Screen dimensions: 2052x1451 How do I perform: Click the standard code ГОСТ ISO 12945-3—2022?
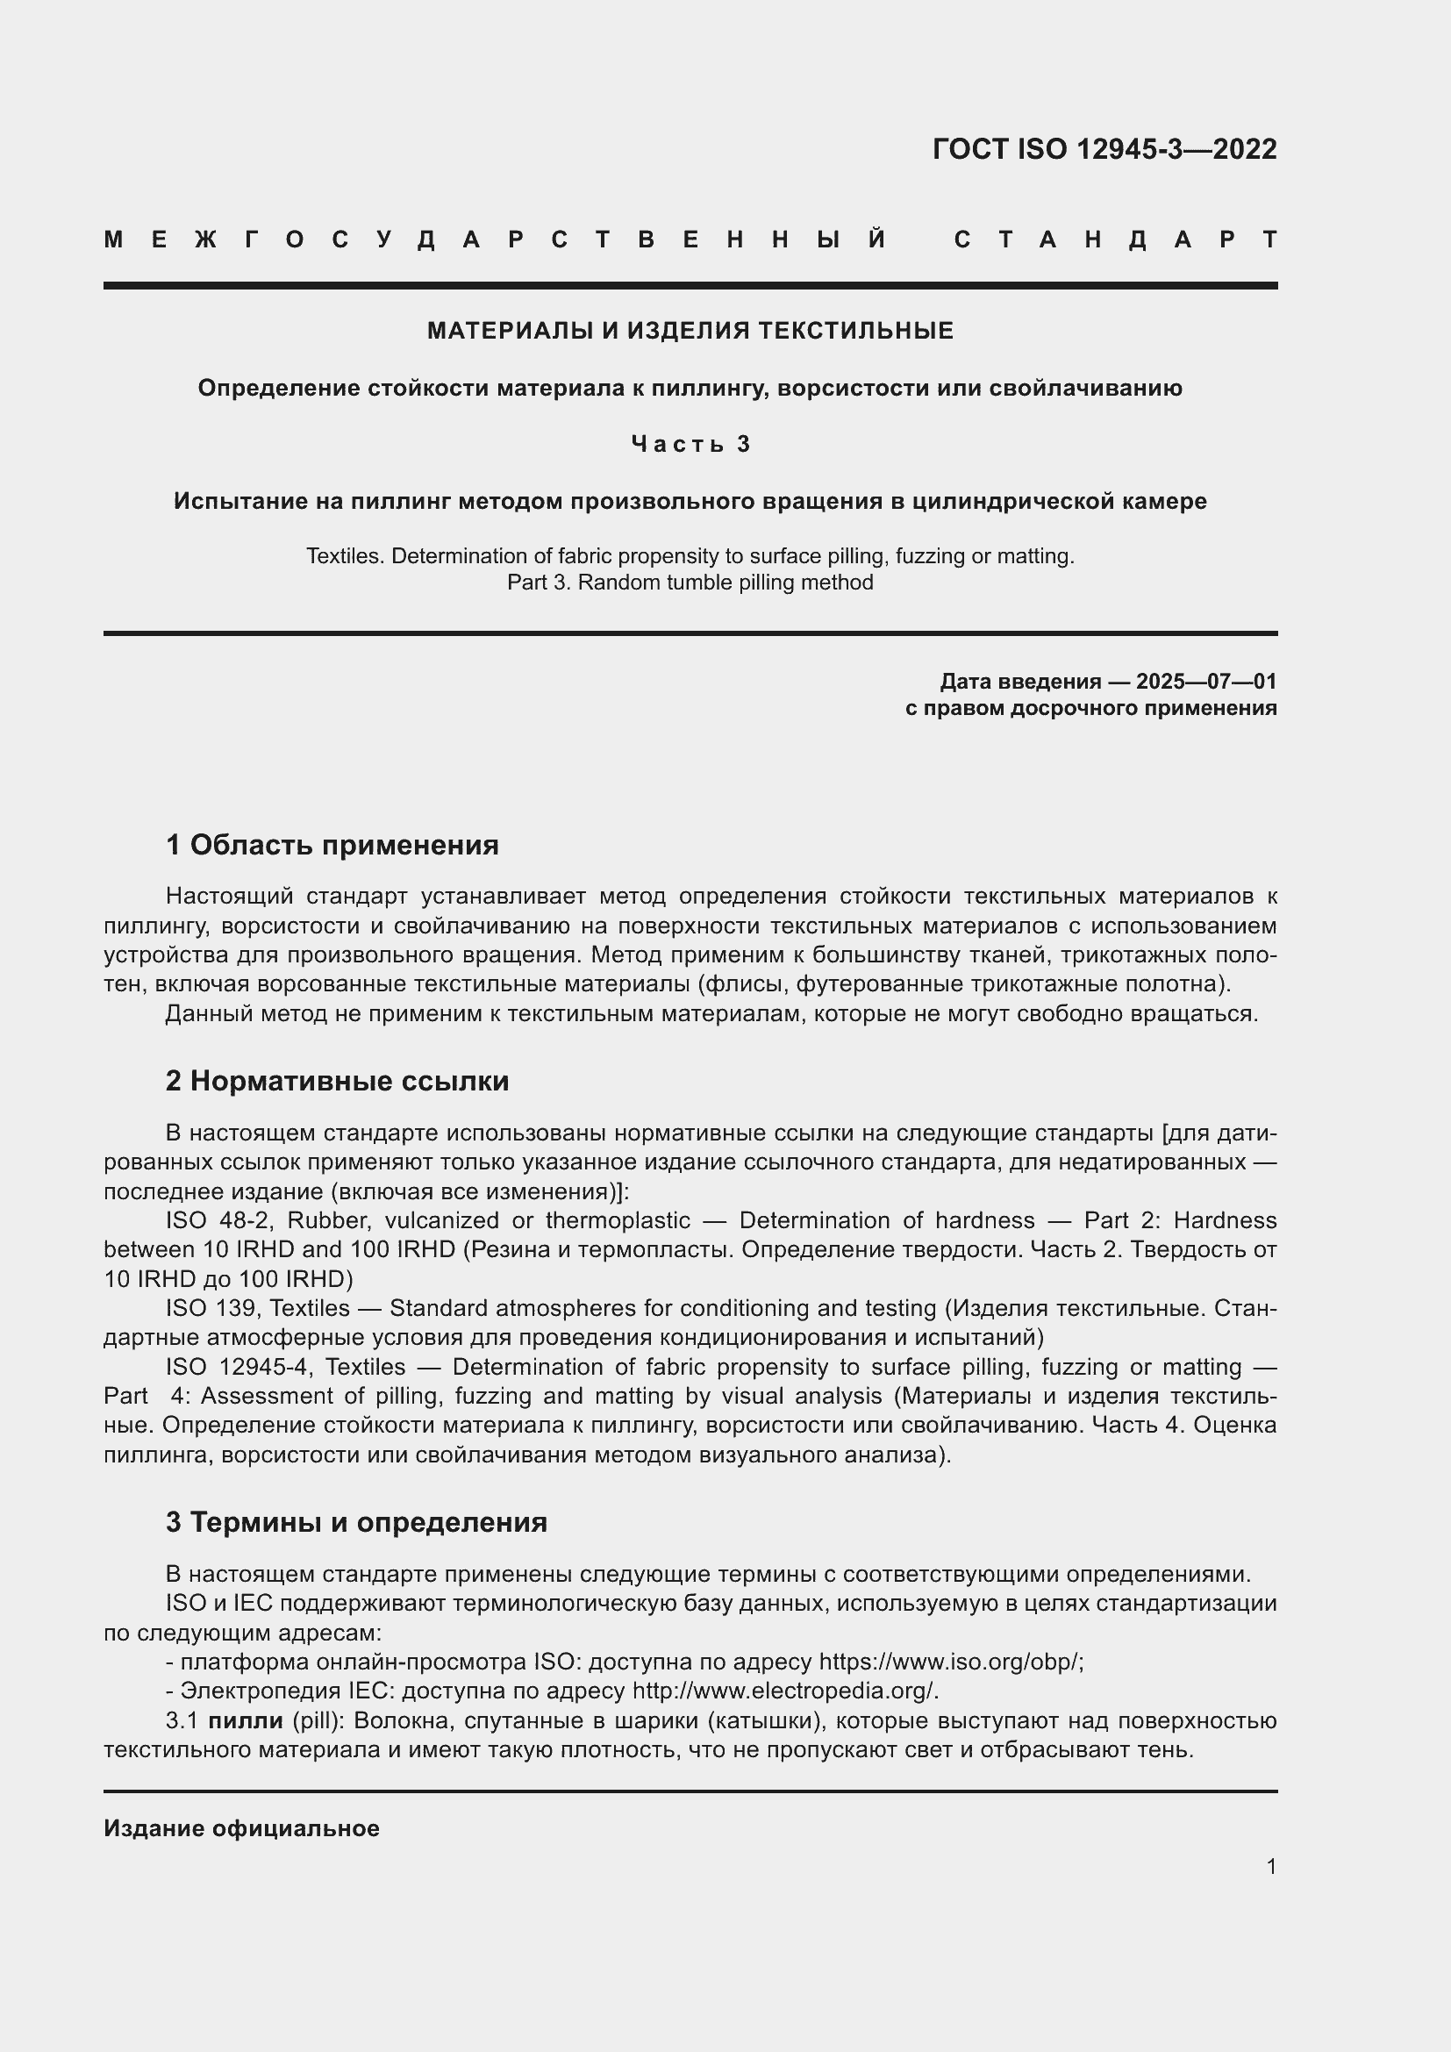[1104, 149]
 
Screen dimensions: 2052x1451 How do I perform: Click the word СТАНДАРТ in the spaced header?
[1115, 240]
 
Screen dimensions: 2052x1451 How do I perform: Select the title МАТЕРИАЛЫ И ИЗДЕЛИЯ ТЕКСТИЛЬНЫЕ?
[690, 332]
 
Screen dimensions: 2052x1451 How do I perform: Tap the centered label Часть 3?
[690, 444]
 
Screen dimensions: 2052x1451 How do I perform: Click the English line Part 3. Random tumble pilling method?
[690, 583]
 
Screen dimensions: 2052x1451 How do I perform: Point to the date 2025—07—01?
[1206, 682]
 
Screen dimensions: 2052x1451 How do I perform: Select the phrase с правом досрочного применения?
[1090, 709]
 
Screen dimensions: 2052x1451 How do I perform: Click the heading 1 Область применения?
[332, 845]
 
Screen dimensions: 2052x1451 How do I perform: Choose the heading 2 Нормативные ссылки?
[337, 1081]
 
